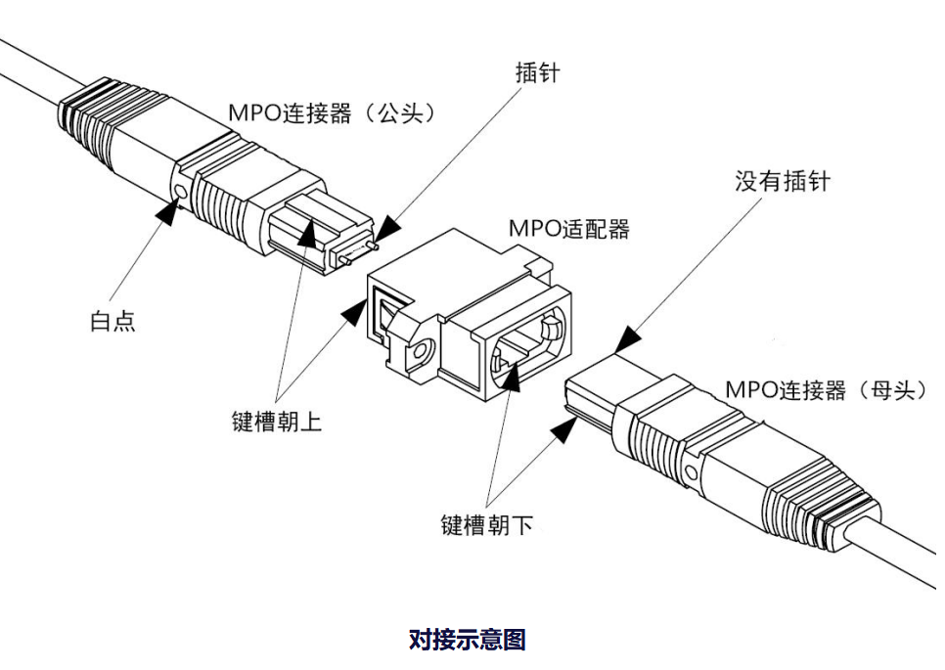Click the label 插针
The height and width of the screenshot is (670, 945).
click(x=537, y=72)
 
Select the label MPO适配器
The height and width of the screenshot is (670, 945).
click(x=568, y=229)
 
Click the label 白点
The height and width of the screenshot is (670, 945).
click(x=112, y=321)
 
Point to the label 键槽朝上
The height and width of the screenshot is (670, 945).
click(x=277, y=423)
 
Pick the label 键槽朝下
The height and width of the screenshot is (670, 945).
click(x=486, y=524)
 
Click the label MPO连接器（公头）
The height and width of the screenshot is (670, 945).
click(x=332, y=113)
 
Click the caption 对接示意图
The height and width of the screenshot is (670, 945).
click(x=467, y=640)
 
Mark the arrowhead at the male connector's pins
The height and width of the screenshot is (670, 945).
click(x=384, y=231)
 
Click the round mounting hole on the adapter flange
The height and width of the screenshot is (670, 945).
click(x=422, y=351)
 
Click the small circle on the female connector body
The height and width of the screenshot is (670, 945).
click(x=692, y=474)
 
